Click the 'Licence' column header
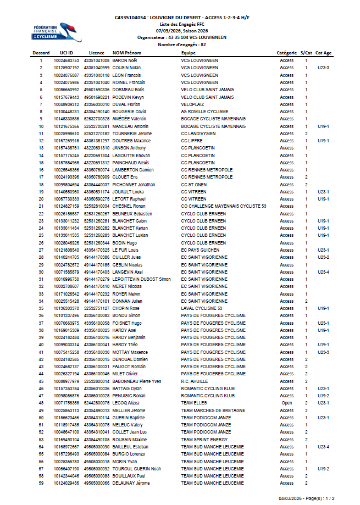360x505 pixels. [x=96, y=53]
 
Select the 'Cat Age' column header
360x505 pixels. [x=323, y=53]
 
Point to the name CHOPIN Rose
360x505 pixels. [x=126, y=308]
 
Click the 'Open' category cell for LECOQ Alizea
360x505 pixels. [x=286, y=403]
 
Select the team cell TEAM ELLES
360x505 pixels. [x=194, y=403]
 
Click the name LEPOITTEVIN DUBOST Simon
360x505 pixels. [x=141, y=279]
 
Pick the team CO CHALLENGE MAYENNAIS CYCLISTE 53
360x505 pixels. [x=223, y=206]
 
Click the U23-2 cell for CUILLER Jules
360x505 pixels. [x=323, y=257]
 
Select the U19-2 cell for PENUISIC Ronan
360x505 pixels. [x=323, y=396]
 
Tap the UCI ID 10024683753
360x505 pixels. [x=67, y=60]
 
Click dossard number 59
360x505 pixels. [x=41, y=483]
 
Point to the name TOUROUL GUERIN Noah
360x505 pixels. [x=137, y=469]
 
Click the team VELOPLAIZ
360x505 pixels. [x=192, y=104]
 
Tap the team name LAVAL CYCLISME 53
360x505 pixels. [x=202, y=308]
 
